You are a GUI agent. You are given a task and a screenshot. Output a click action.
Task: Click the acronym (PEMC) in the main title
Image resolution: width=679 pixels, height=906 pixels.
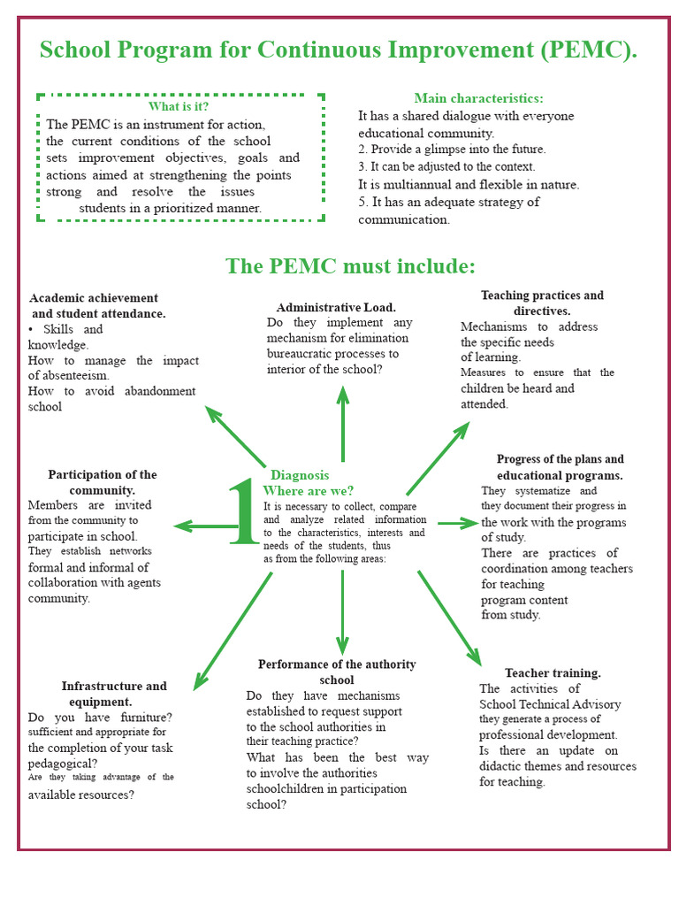click(x=589, y=50)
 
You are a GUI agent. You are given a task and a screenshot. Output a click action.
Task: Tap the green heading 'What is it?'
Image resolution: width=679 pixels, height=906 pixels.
click(x=179, y=106)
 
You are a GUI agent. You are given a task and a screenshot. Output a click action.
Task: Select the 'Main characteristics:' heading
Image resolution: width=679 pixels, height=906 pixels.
click(x=478, y=98)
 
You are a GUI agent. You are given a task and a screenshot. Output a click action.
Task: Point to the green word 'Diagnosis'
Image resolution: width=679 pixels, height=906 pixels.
click(x=300, y=475)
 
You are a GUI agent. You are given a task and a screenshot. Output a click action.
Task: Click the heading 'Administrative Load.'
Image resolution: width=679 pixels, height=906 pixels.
click(x=336, y=307)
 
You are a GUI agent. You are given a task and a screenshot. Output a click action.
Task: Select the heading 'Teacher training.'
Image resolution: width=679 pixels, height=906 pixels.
click(x=553, y=672)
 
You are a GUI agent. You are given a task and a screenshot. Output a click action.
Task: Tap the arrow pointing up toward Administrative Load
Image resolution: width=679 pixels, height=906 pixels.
click(x=343, y=424)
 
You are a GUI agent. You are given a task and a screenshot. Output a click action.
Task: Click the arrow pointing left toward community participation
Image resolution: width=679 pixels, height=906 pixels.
click(x=205, y=526)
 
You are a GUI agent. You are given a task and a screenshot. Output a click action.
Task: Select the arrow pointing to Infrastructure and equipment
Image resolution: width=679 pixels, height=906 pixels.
click(x=233, y=632)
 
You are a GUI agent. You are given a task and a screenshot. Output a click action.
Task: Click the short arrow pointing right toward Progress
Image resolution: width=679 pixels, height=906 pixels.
click(x=459, y=524)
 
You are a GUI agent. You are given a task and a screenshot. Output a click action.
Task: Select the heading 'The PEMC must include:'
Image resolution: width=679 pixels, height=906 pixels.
click(x=350, y=266)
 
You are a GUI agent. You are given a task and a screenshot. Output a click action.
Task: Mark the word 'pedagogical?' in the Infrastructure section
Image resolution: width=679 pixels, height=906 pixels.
click(x=63, y=764)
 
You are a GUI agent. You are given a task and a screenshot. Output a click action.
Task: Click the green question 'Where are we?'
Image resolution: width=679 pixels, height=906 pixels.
click(x=309, y=491)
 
